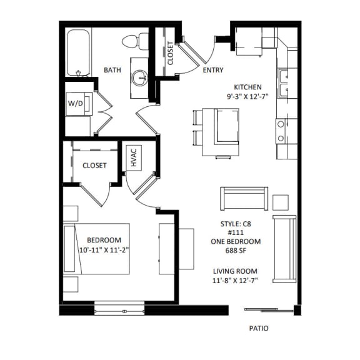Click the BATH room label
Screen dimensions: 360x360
click(x=112, y=71)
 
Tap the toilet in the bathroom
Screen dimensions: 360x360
click(x=131, y=42)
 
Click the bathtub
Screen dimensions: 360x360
click(x=79, y=53)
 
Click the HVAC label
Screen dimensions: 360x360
click(x=133, y=157)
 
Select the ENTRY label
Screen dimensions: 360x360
click(x=213, y=71)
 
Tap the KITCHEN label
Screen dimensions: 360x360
click(x=247, y=87)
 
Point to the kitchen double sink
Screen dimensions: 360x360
click(x=286, y=77)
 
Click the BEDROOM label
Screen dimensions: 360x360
click(x=104, y=240)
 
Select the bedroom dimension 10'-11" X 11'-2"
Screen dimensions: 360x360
click(x=104, y=250)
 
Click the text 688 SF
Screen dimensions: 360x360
click(x=240, y=251)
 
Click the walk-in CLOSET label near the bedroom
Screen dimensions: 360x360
click(x=94, y=166)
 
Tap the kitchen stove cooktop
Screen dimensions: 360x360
click(x=282, y=131)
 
